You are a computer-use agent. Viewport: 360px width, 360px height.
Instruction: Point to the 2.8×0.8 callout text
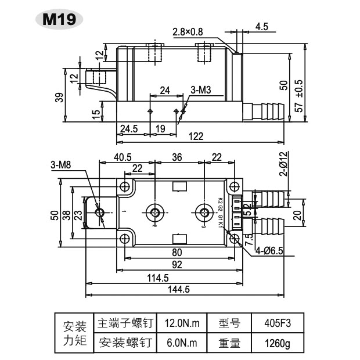pyautogui.click(x=188, y=32)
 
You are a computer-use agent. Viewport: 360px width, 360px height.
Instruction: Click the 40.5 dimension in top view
pyautogui.click(x=123, y=157)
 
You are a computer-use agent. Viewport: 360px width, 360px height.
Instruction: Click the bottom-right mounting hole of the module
pyautogui.click(x=234, y=238)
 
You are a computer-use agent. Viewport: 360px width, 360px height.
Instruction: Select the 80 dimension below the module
pyautogui.click(x=177, y=253)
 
